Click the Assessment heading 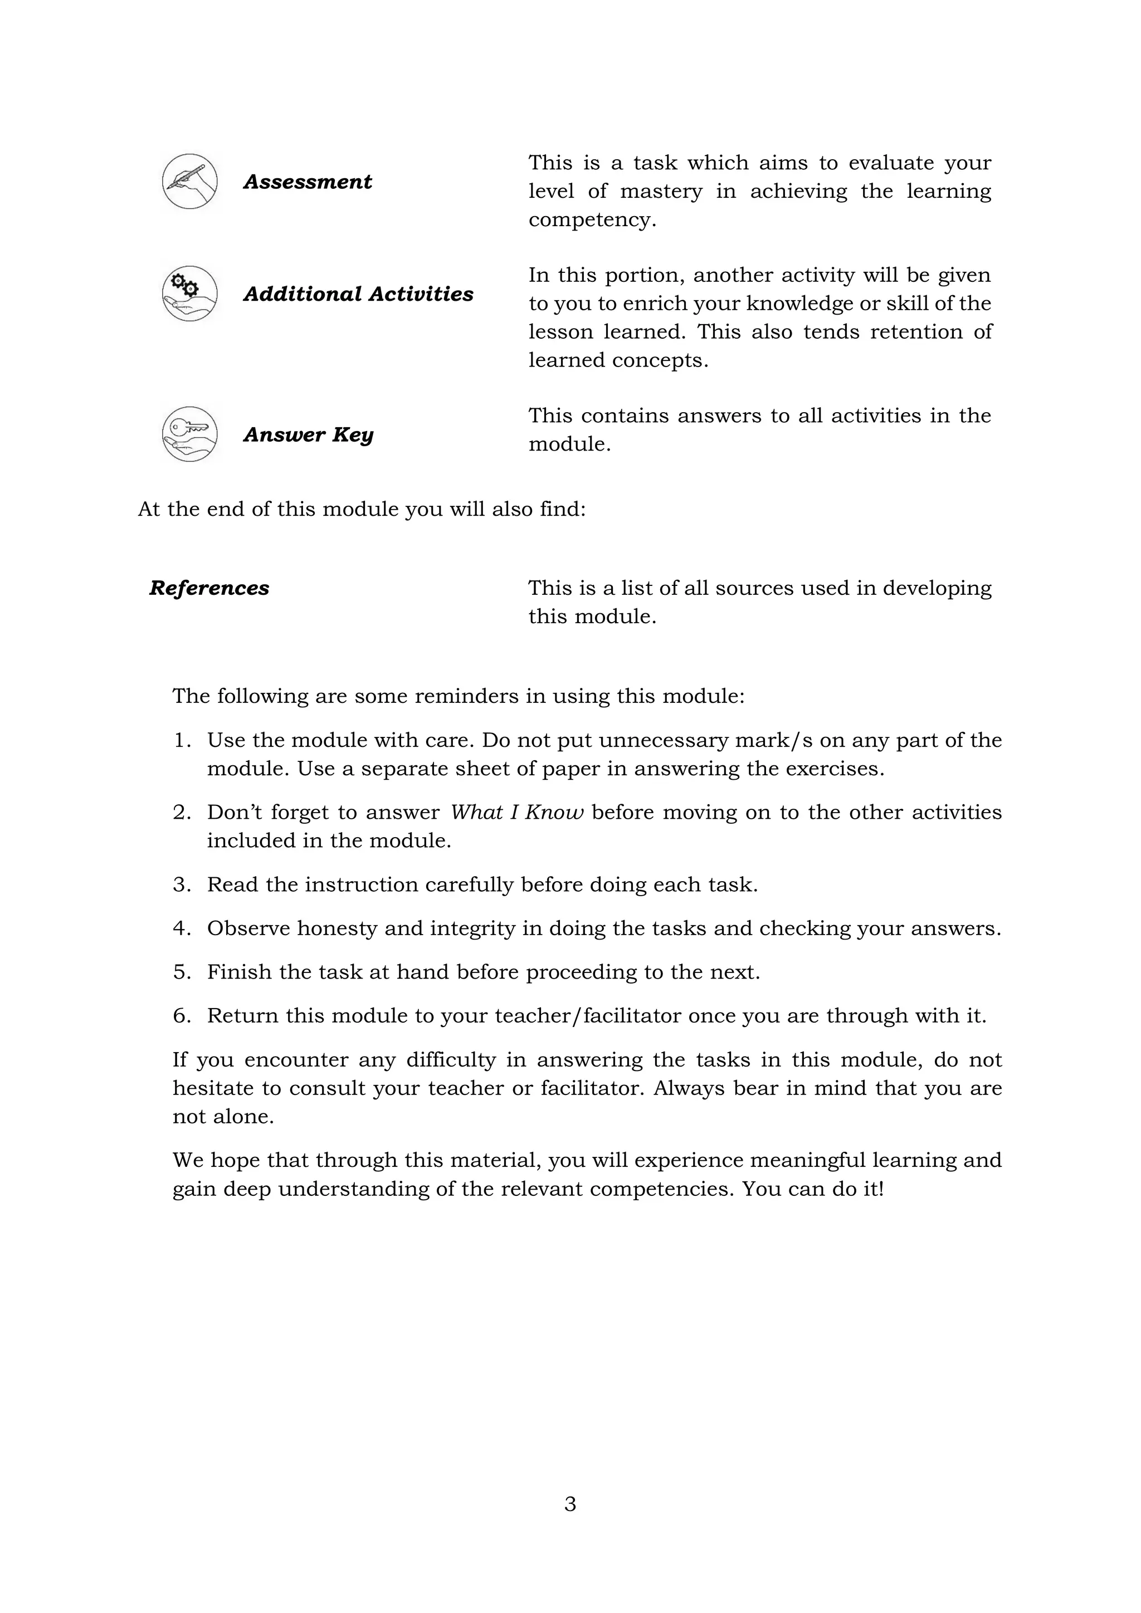307,182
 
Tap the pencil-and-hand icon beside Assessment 189,181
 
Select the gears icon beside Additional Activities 189,294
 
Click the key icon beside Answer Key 189,434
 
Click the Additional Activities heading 358,294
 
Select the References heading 209,588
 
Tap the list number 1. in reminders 182,740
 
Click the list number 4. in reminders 182,928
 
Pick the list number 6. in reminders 182,1016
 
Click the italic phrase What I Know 516,813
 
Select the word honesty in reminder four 338,928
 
